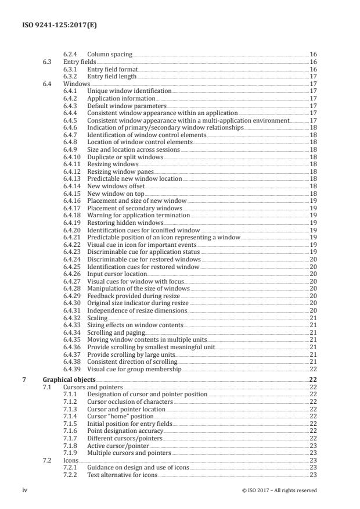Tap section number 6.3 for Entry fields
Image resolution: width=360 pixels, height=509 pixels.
(x=47, y=62)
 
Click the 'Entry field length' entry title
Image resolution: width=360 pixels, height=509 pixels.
(x=113, y=76)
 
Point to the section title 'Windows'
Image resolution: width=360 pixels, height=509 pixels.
(x=77, y=84)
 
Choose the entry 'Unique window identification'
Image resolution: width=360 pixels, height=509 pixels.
(x=129, y=91)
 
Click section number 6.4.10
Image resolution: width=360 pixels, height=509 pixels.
(x=72, y=156)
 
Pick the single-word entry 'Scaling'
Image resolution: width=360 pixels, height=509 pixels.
(x=98, y=318)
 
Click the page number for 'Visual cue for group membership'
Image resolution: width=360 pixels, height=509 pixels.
(x=313, y=369)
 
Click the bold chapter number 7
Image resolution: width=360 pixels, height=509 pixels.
(x=24, y=380)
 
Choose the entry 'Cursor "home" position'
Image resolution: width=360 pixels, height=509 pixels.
(x=121, y=416)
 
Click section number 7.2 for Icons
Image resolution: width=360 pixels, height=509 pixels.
(x=47, y=460)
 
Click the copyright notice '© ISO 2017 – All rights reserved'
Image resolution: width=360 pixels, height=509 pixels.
(x=279, y=490)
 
